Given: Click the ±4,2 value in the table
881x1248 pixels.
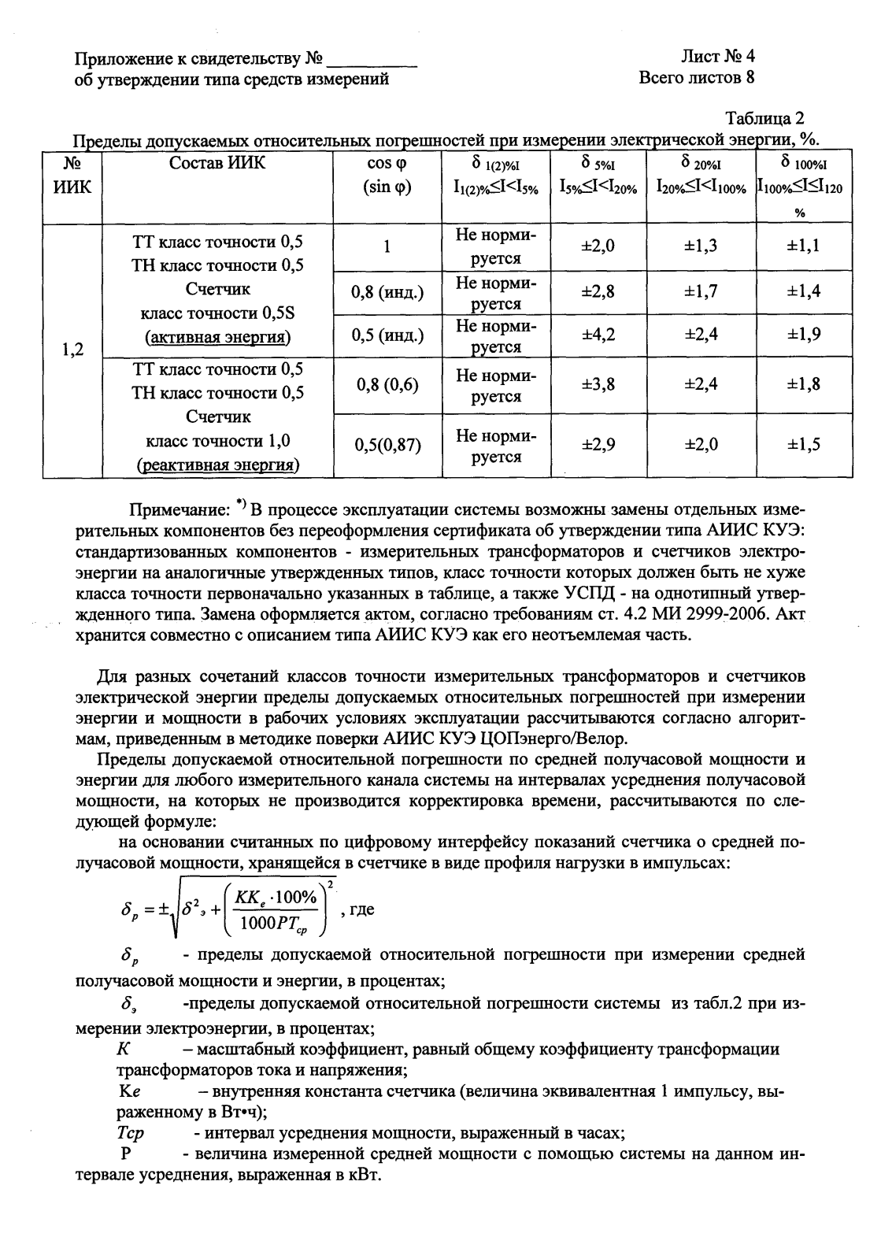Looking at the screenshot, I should [598, 335].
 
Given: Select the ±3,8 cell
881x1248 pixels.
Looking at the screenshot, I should [598, 384].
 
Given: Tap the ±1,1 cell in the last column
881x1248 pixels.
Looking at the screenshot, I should [804, 246].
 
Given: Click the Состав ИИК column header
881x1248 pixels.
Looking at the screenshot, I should [218, 163].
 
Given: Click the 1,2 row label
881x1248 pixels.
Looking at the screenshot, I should [72, 350].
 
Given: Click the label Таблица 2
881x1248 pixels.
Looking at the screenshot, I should [764, 119].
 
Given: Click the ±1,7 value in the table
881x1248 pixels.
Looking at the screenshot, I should [701, 292].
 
